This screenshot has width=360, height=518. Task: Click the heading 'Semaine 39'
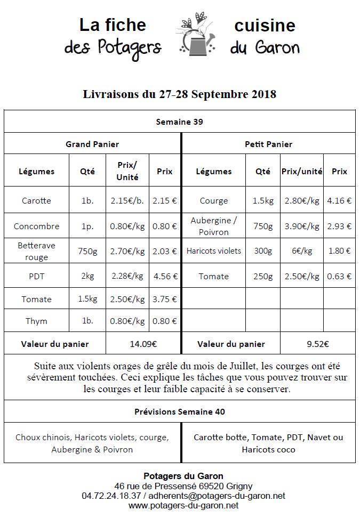pos(179,122)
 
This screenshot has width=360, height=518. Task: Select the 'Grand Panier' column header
pos(92,144)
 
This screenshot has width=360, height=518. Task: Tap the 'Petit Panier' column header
pos(268,144)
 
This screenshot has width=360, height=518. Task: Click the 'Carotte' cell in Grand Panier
pos(37,200)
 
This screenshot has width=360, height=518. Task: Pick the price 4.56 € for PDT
pos(165,276)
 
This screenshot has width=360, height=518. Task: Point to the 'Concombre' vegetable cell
pos(37,226)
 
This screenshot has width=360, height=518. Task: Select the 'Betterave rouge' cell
pos(37,251)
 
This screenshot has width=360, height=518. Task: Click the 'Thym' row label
pos(37,321)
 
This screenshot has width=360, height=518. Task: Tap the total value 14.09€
pos(143,344)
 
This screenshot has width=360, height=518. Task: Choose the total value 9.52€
pos(318,344)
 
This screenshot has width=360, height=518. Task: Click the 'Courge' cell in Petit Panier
pos(214,200)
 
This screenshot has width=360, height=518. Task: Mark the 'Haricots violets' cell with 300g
pos(214,250)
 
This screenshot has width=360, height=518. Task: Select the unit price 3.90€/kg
pos(302,226)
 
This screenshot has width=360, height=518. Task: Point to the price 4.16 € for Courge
pos(339,200)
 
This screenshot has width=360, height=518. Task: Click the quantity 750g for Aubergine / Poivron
pos(262,226)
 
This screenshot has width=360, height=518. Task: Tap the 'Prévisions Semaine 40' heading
pos(179,411)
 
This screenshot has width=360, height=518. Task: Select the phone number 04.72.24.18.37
pos(111,496)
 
